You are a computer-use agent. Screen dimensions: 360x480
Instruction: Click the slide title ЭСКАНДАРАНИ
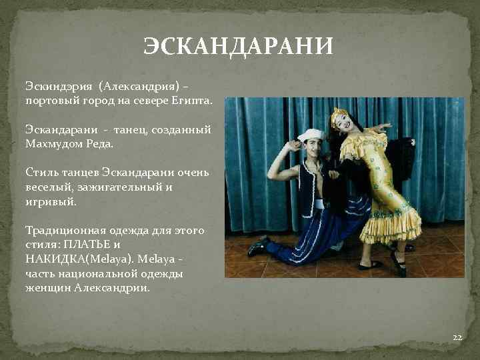[x=239, y=47]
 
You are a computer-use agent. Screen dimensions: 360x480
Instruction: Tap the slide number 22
[x=457, y=338]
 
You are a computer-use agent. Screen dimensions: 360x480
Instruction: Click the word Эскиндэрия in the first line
[x=58, y=87]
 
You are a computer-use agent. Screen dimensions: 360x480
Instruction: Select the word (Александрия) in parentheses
[x=139, y=87]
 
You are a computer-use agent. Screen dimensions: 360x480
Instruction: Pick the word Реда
[x=100, y=143]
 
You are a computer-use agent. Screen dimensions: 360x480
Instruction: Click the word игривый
[x=51, y=200]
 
